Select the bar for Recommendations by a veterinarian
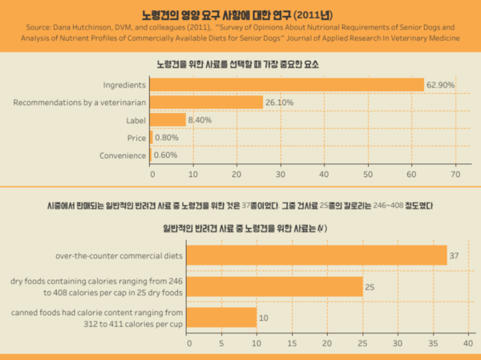click(x=206, y=102)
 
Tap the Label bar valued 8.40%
click(x=168, y=119)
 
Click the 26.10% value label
click(x=279, y=102)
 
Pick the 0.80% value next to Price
click(x=167, y=137)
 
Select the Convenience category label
click(x=122, y=155)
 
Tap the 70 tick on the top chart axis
click(x=455, y=173)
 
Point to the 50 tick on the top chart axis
click(x=369, y=173)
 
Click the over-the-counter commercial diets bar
click(x=317, y=255)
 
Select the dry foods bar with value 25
click(x=275, y=286)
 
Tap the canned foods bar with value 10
click(x=222, y=318)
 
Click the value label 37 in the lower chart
click(x=454, y=255)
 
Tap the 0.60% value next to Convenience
click(x=166, y=155)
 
